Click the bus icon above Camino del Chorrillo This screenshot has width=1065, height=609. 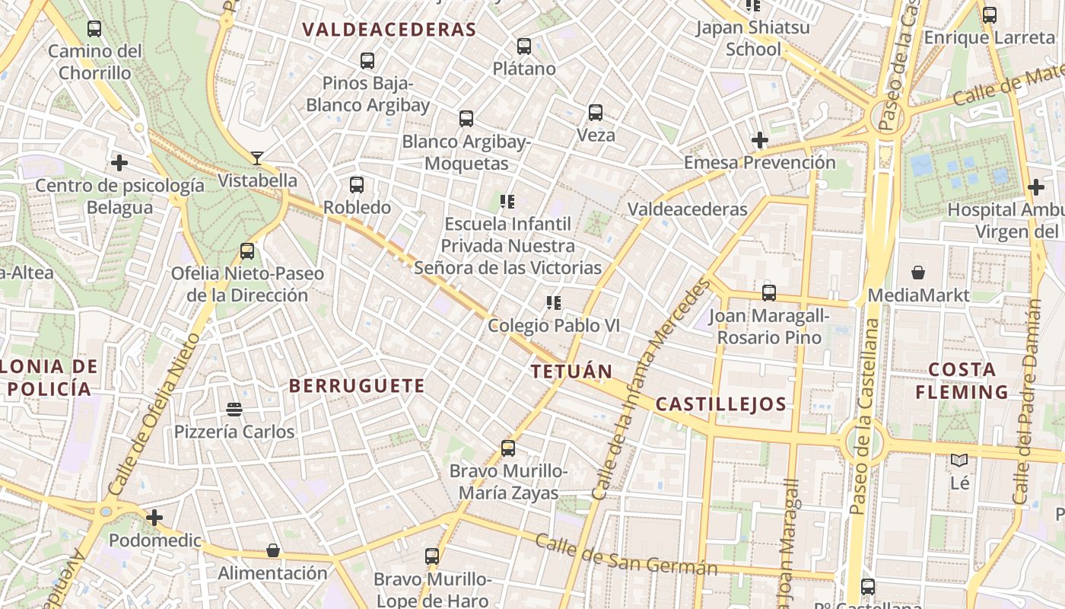pos(94,29)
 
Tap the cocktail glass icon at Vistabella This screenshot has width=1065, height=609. pos(257,158)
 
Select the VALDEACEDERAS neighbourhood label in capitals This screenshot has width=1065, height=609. pos(389,30)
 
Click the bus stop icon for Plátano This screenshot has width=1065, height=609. pos(524,46)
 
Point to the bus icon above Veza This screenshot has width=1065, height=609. pos(596,113)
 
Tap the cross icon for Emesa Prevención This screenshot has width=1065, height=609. pos(759,140)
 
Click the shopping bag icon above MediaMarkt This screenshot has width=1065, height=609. pos(918,273)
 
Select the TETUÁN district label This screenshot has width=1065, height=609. pos(571,371)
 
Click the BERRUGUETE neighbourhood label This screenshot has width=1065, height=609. pos(357,386)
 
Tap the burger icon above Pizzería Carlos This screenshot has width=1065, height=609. pos(234,410)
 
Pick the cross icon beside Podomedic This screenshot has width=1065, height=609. pos(154,518)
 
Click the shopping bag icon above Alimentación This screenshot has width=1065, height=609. pos(273,550)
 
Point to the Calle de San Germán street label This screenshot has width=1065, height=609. pos(626,556)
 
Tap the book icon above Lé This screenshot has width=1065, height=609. pos(959,460)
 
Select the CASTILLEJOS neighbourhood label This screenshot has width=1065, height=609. pos(720,404)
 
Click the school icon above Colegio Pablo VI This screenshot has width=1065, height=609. pos(554,303)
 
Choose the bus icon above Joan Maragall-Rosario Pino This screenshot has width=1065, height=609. pos(769,292)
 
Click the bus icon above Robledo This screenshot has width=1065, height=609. pos(357,184)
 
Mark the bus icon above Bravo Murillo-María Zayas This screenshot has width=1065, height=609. pos(508,448)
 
